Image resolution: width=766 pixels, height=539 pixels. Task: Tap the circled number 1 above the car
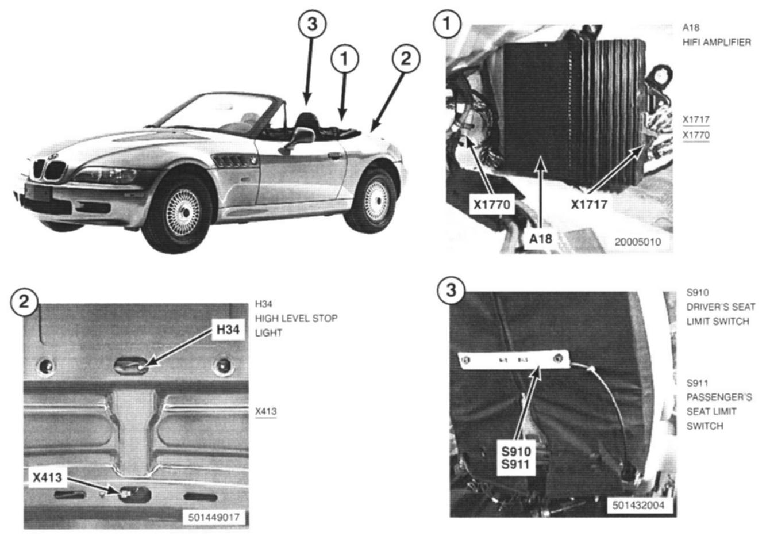click(344, 59)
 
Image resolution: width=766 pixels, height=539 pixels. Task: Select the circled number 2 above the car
click(406, 58)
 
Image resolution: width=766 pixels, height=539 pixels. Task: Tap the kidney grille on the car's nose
click(49, 170)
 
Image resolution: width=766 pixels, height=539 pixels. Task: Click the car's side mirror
click(302, 136)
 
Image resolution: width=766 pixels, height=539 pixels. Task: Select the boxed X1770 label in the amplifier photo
click(491, 205)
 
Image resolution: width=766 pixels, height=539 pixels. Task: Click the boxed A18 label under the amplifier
click(540, 238)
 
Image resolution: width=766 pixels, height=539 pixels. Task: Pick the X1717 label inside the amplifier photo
click(589, 204)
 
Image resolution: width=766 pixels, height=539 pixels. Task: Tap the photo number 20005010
click(637, 242)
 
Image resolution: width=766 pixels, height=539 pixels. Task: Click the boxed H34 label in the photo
click(228, 330)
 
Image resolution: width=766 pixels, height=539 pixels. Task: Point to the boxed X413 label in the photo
click(47, 477)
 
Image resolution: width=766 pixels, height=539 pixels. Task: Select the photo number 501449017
click(214, 517)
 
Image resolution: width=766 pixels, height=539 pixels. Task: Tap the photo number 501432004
click(638, 505)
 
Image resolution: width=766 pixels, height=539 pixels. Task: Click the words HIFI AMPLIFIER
click(717, 42)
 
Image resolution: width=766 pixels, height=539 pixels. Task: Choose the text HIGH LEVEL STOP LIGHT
click(296, 325)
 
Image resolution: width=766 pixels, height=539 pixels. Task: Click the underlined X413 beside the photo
click(265, 412)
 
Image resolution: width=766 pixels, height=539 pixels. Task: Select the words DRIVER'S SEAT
click(721, 307)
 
